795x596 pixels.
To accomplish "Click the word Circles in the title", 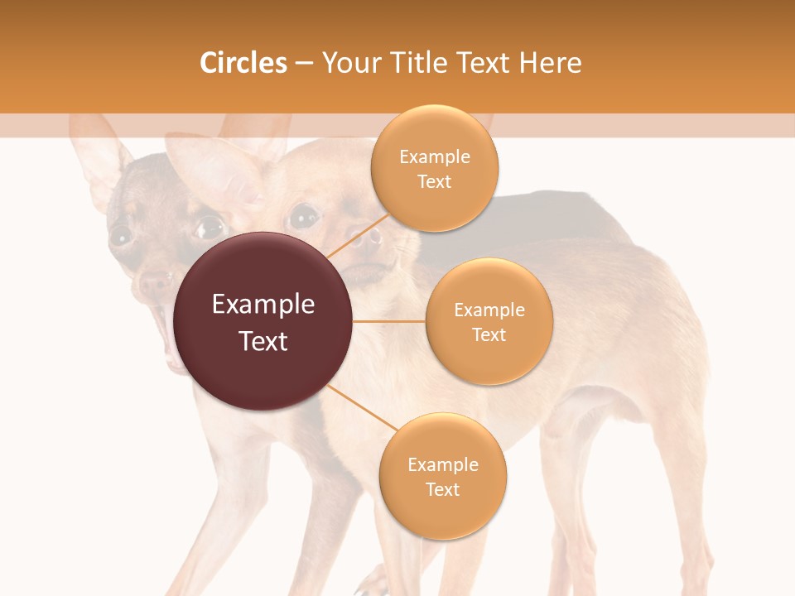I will coord(243,63).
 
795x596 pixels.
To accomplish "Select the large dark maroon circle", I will coord(263,321).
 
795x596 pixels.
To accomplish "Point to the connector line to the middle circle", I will coord(389,321).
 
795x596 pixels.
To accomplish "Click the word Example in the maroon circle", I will coord(263,305).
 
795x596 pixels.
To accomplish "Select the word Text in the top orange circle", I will coord(435,182).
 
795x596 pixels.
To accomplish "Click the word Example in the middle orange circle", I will coord(489,310).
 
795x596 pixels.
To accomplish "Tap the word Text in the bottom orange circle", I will coord(442,489).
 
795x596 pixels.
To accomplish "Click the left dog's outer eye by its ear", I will coord(121,235).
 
